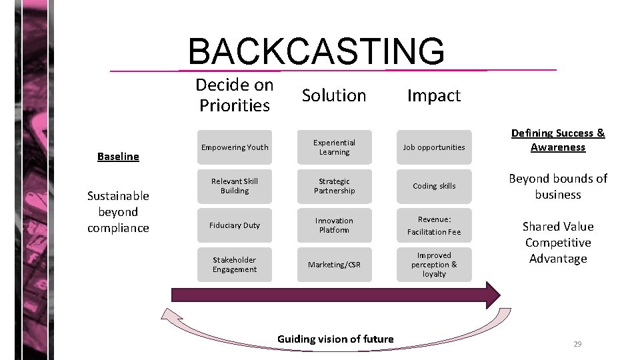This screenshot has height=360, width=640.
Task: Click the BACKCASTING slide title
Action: pos(316,51)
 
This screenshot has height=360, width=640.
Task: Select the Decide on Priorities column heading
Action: pos(234,95)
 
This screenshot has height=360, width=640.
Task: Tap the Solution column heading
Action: pos(334,95)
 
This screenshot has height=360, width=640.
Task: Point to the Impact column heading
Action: pos(434,95)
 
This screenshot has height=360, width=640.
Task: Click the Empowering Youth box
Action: pos(234,147)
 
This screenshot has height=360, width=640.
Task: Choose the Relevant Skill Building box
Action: pos(234,186)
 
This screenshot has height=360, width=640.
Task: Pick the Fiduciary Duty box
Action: pos(234,225)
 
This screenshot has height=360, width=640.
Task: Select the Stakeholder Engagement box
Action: pos(234,265)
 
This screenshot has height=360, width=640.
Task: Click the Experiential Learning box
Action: pos(334,147)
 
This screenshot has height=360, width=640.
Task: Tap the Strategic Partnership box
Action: pos(334,186)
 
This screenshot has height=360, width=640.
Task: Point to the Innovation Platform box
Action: pos(334,225)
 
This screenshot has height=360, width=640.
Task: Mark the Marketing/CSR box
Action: pos(334,265)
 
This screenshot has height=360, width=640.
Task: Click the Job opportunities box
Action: pos(434,147)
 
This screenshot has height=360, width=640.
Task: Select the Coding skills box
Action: pos(434,186)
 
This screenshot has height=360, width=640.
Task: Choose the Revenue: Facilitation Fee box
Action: pos(434,225)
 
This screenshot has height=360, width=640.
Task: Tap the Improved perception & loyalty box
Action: pos(434,265)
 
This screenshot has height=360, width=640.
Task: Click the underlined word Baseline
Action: pos(118,157)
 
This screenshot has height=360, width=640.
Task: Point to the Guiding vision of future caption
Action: pos(335,339)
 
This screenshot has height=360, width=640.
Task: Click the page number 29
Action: pos(577,344)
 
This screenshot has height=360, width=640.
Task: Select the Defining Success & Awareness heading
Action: pos(558,140)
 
